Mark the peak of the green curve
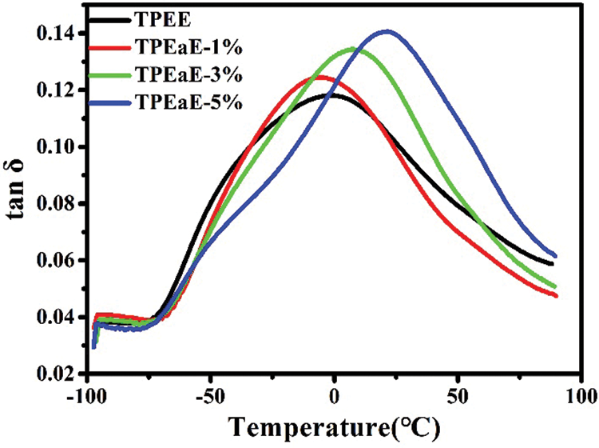[351, 49]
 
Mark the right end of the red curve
[555, 296]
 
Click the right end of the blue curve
[555, 256]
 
